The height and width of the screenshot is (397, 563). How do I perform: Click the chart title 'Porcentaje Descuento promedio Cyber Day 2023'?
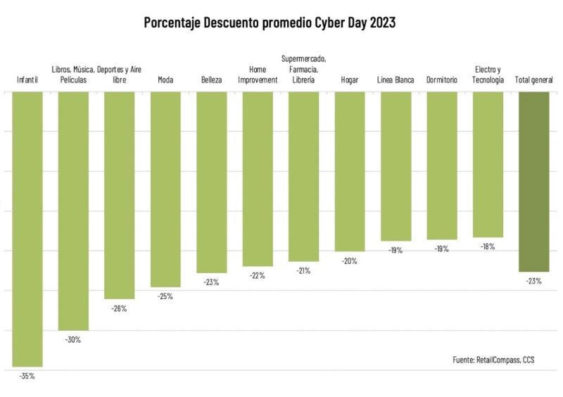(270, 23)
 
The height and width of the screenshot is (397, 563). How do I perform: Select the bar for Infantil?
(27, 229)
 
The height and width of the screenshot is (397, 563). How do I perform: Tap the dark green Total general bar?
(533, 182)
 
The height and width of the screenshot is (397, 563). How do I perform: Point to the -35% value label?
(27, 376)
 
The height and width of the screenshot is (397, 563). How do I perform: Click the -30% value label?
(73, 339)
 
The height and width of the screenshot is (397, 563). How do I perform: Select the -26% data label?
(119, 308)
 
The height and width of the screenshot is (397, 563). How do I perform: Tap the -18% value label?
(488, 246)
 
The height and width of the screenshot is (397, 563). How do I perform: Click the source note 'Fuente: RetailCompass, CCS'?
(493, 360)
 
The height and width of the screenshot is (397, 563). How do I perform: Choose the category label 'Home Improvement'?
(258, 75)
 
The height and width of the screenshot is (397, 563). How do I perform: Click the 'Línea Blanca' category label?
(396, 80)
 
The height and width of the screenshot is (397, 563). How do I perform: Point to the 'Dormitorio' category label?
(442, 80)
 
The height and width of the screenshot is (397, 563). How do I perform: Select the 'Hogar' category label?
(349, 80)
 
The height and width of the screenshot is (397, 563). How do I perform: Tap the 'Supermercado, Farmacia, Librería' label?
(303, 69)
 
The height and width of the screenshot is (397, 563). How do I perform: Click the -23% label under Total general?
(533, 281)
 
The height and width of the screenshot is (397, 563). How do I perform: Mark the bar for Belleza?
(211, 182)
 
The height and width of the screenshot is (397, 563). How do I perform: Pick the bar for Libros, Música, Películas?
(73, 210)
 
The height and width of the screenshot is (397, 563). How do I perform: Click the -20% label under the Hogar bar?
(349, 260)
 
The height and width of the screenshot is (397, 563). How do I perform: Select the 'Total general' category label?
(533, 80)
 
